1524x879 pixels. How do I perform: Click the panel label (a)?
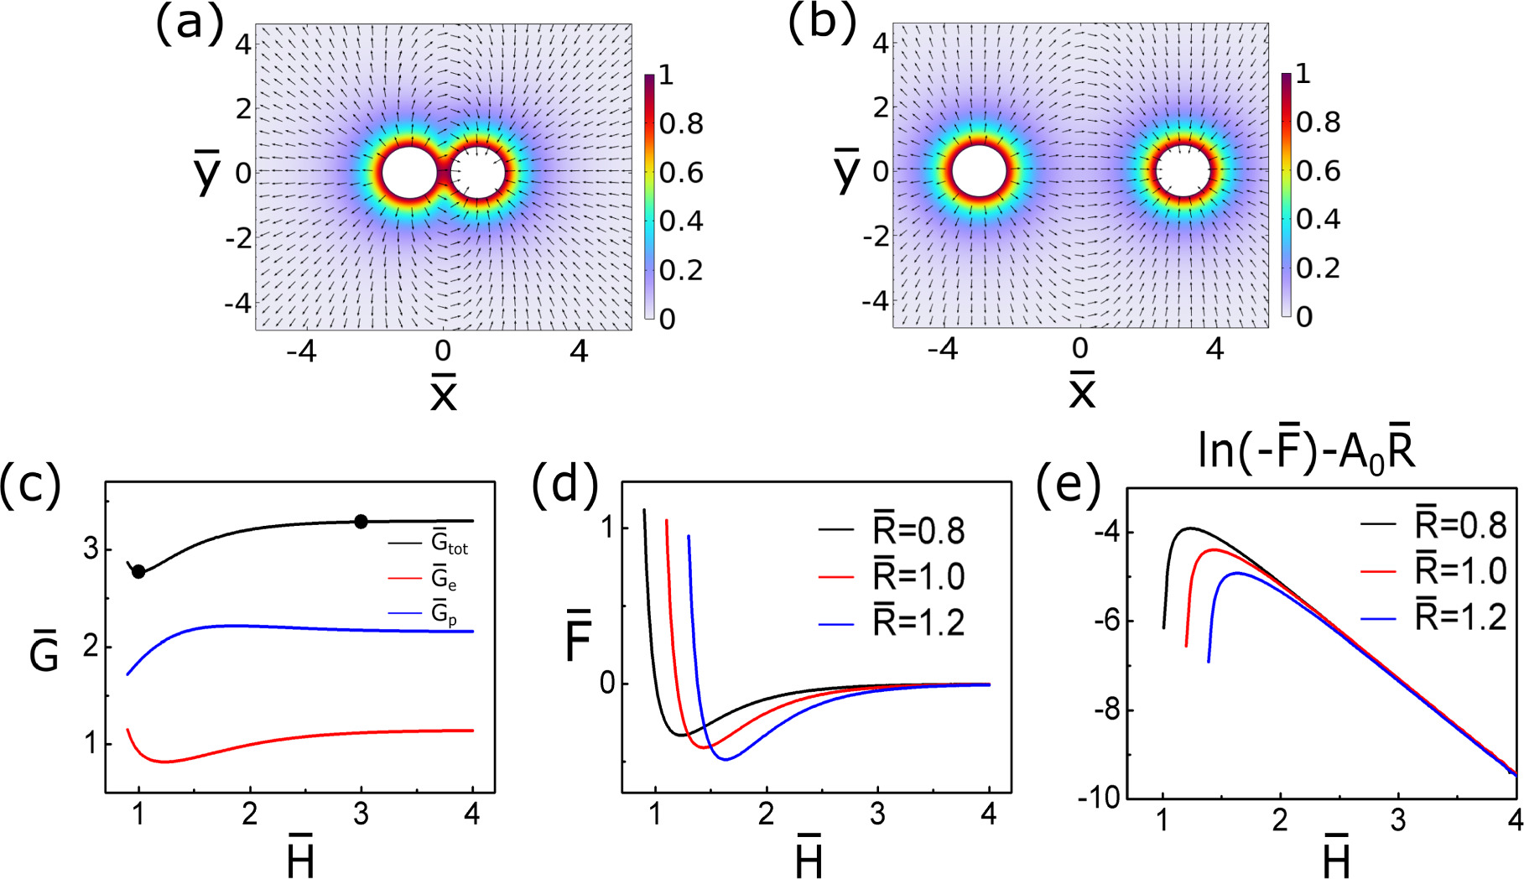190,23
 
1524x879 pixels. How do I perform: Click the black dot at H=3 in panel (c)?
361,522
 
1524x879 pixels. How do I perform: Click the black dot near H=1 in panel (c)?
139,572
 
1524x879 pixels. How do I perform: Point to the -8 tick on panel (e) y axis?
1106,710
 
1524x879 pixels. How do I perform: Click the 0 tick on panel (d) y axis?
607,684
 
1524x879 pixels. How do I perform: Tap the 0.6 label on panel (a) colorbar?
680,173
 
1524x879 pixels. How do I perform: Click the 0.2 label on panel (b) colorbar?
1318,268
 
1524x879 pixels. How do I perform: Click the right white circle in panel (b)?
1183,172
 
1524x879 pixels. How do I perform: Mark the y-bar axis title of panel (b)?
847,170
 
